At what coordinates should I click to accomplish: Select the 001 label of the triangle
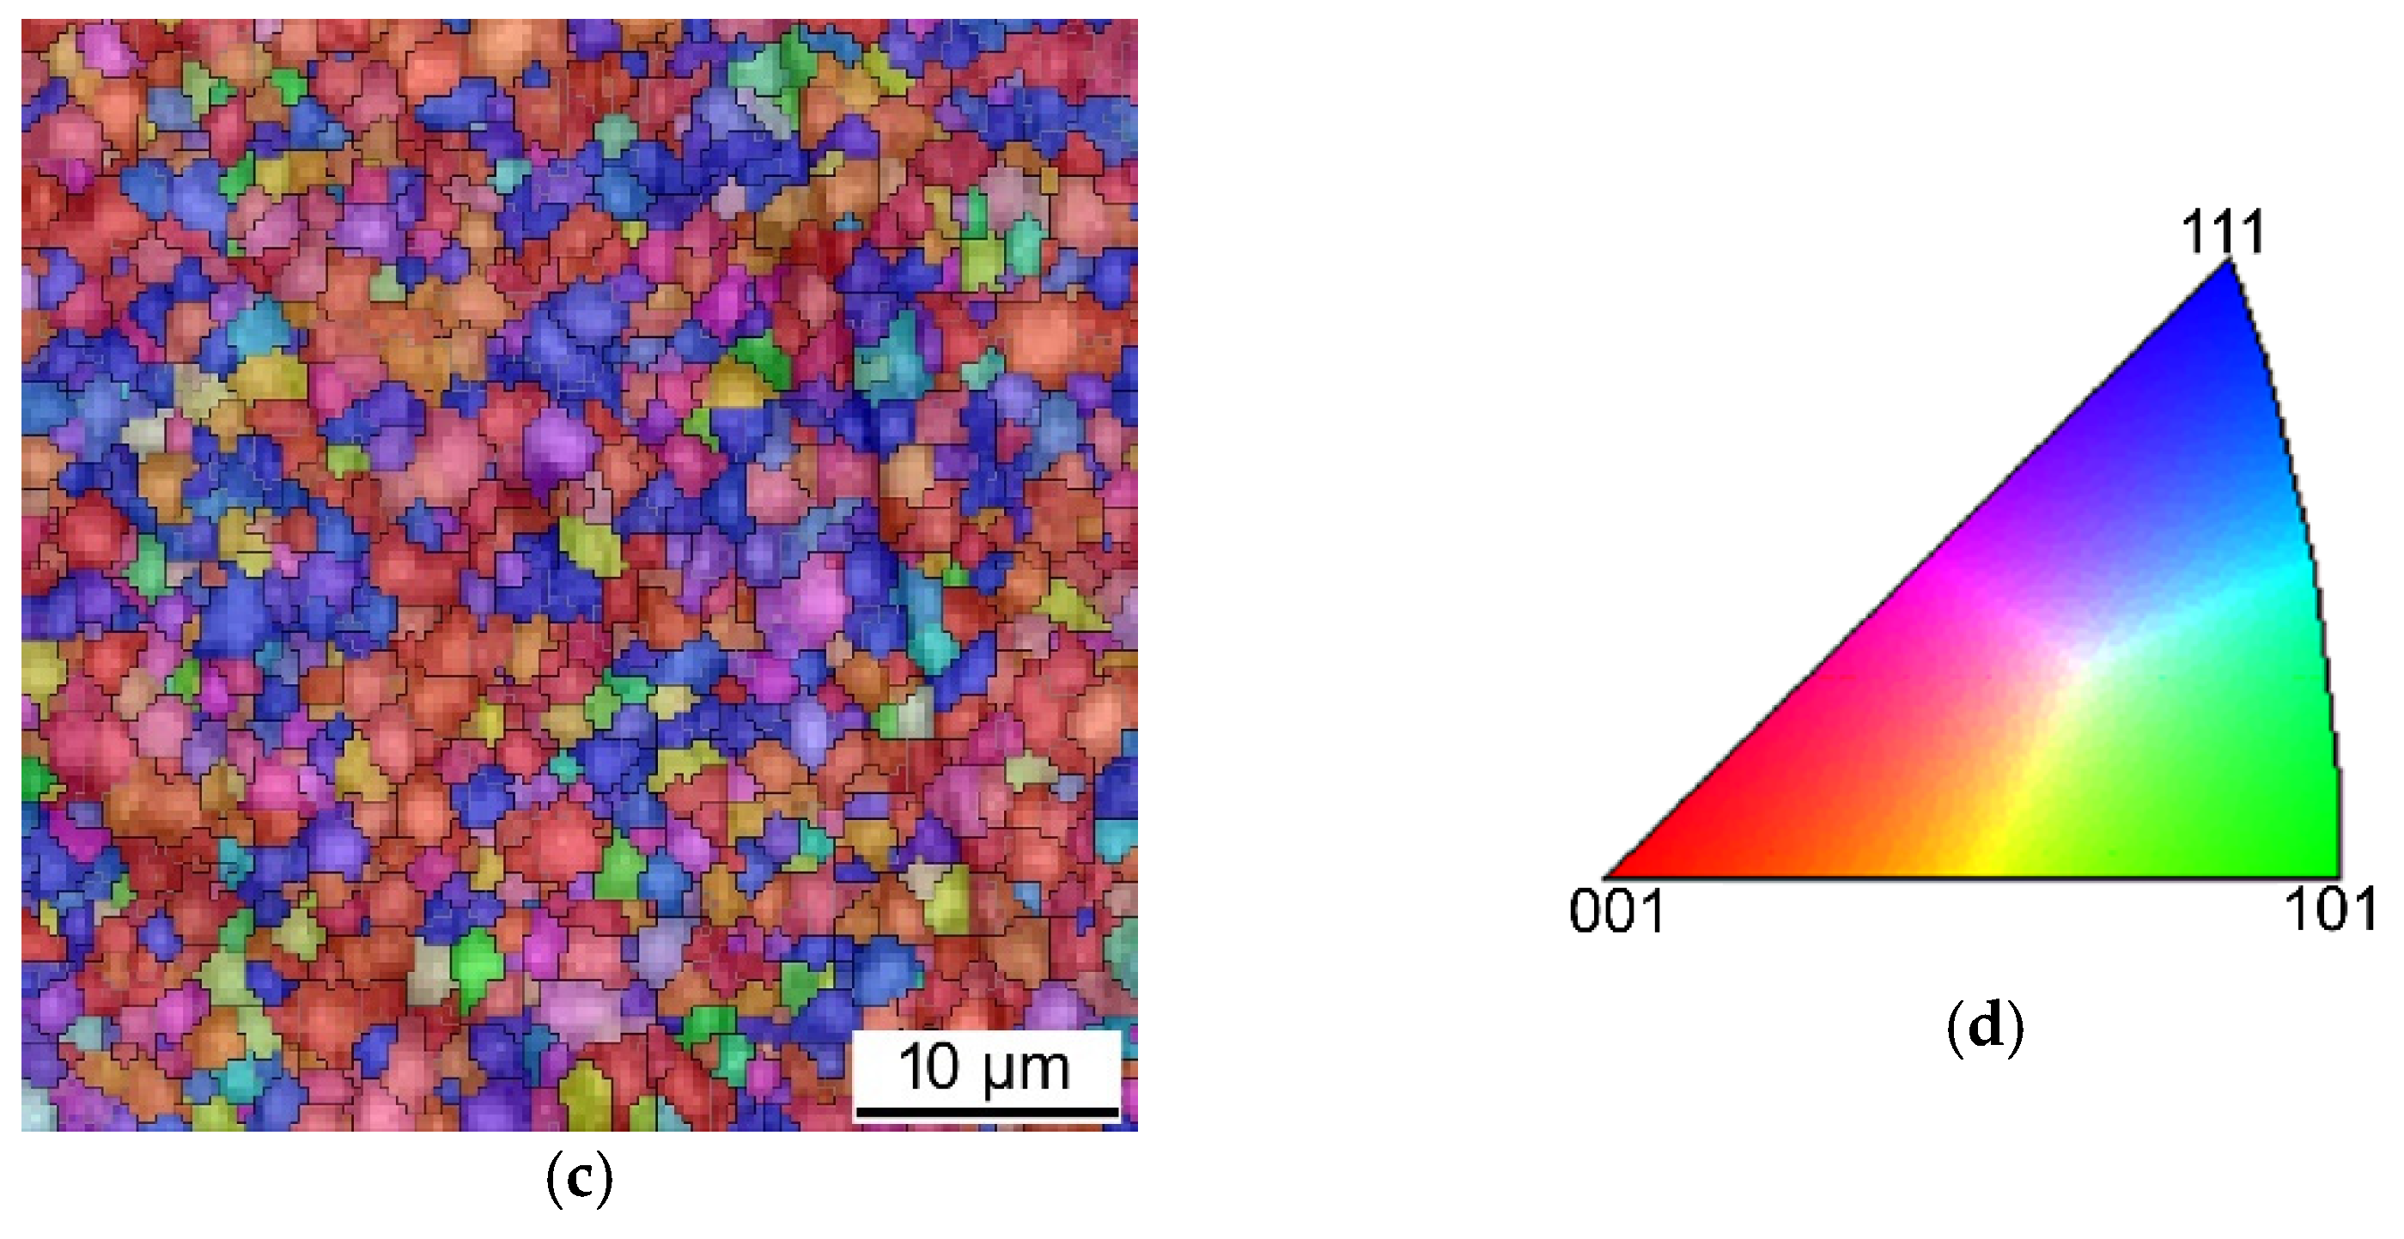(x=1617, y=911)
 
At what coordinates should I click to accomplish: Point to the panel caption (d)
(x=1985, y=1026)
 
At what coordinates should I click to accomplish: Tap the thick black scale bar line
(x=987, y=1112)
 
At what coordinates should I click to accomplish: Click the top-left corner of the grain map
(x=23, y=21)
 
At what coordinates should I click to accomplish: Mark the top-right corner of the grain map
(x=1135, y=21)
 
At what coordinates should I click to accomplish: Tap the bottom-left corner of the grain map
(x=23, y=1129)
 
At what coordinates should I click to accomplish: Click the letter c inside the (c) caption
(x=579, y=1181)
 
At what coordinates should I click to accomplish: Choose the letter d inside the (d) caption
(x=1985, y=1026)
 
